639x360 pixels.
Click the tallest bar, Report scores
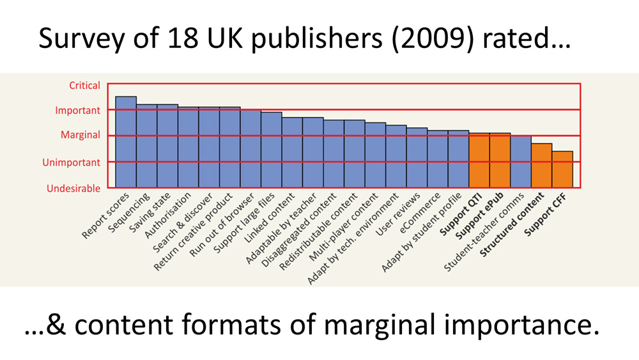click(126, 142)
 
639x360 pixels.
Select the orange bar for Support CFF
click(562, 169)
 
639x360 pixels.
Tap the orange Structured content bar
click(542, 166)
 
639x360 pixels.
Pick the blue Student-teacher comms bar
click(521, 162)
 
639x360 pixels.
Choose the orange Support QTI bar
click(479, 160)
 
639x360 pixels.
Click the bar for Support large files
click(272, 150)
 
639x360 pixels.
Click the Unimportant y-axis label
click(72, 162)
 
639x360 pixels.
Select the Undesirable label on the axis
click(73, 189)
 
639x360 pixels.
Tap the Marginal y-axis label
click(81, 135)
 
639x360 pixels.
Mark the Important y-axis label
click(77, 110)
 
